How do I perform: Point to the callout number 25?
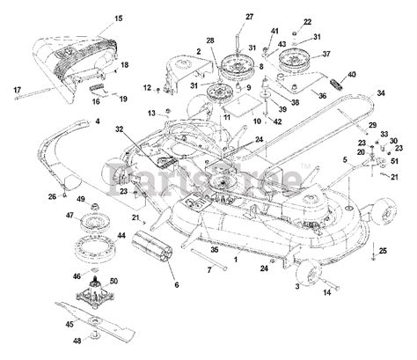point(382,253)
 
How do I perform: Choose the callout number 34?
point(381,92)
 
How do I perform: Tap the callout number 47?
point(69,215)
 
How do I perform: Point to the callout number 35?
point(215,249)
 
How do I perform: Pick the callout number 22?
point(307,22)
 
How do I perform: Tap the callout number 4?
point(98,121)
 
